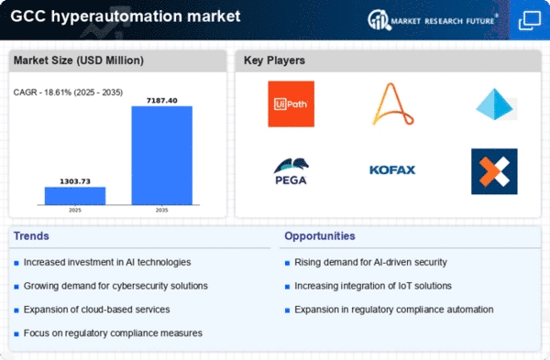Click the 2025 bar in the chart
[x=75, y=196]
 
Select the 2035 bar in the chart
[x=162, y=156]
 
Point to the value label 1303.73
[x=75, y=181]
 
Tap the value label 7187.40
[x=162, y=101]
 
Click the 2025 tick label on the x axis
[x=75, y=211]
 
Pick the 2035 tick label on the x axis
[x=161, y=211]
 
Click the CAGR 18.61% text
[x=68, y=93]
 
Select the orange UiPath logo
[x=291, y=104]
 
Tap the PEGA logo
[x=291, y=171]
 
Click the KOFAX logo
[x=392, y=170]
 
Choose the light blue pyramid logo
[x=496, y=104]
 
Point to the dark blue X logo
[x=494, y=171]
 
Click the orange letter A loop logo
[x=393, y=104]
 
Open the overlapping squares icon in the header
[x=530, y=20]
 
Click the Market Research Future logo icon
[x=379, y=20]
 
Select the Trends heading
[x=31, y=236]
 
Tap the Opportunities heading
[x=320, y=236]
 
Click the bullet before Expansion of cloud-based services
[x=16, y=311]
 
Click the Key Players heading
[x=274, y=60]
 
